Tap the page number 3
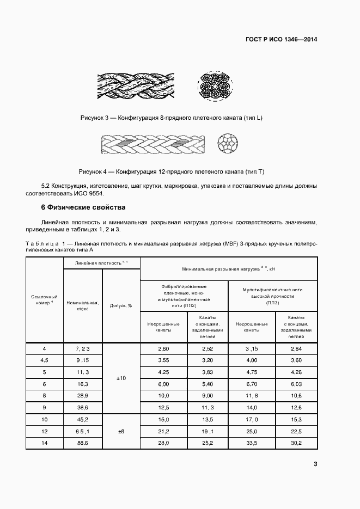click(x=315, y=464)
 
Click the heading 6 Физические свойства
click(x=83, y=207)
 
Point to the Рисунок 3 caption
click(x=171, y=118)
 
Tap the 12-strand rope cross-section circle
click(x=227, y=145)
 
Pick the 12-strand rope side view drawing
click(x=153, y=145)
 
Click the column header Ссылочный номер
click(x=45, y=300)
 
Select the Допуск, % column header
click(x=121, y=306)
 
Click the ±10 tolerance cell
click(x=121, y=378)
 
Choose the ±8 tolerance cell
click(x=121, y=431)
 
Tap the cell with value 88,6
click(x=83, y=444)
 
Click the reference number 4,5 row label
click(x=45, y=360)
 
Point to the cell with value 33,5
click(x=251, y=444)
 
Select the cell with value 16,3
click(x=83, y=384)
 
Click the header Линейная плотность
click(x=101, y=263)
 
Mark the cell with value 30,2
click(x=296, y=444)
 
